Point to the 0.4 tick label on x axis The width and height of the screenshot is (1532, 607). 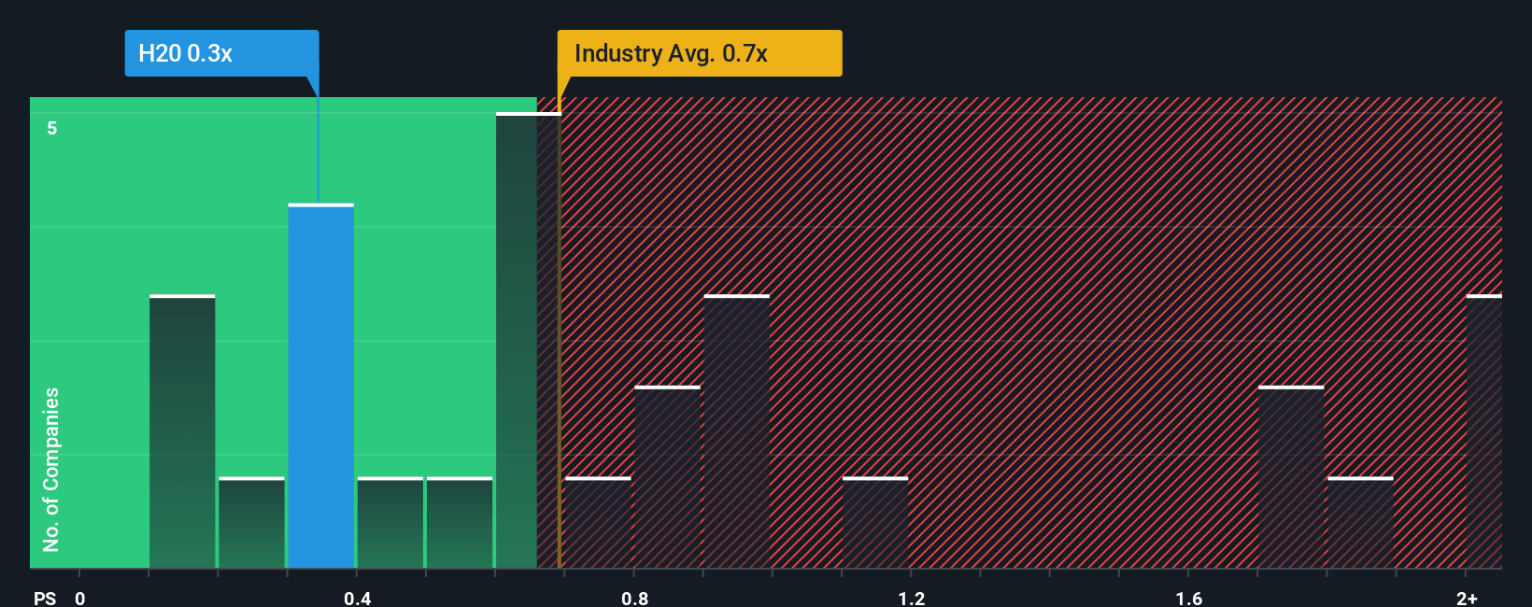357,598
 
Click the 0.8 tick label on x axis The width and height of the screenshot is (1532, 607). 634,598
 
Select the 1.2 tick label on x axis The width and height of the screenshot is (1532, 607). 911,598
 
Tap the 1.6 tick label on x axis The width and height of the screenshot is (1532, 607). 1188,598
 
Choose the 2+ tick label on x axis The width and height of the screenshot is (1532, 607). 1467,598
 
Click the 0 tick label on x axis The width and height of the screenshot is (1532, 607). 80,598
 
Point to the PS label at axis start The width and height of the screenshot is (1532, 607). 45,598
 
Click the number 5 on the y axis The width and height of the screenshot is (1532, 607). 52,128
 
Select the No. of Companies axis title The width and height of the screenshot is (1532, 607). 51,469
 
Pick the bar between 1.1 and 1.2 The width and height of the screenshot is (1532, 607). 875,523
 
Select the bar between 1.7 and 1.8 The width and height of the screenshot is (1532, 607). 1291,477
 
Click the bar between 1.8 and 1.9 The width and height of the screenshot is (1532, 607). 1360,523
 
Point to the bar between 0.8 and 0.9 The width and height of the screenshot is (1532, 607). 668,477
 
